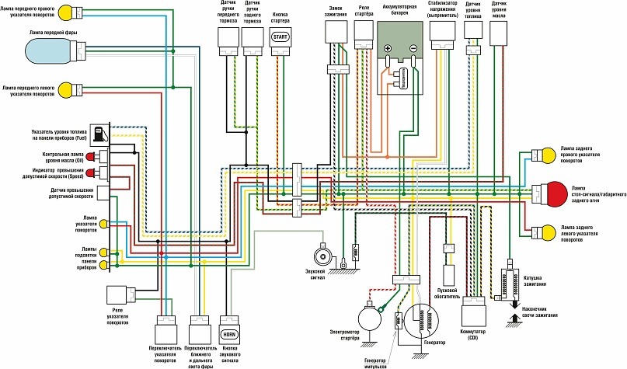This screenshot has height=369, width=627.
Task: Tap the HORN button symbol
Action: coord(230,335)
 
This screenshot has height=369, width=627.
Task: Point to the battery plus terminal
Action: coord(388,48)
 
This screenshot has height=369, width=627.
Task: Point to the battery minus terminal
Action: coord(413,48)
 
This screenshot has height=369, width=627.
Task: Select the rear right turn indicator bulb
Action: coord(547,153)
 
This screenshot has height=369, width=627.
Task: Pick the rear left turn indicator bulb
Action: coord(547,231)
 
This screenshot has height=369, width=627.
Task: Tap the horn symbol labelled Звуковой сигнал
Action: coord(320,256)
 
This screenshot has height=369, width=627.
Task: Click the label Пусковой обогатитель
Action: coord(449,291)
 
